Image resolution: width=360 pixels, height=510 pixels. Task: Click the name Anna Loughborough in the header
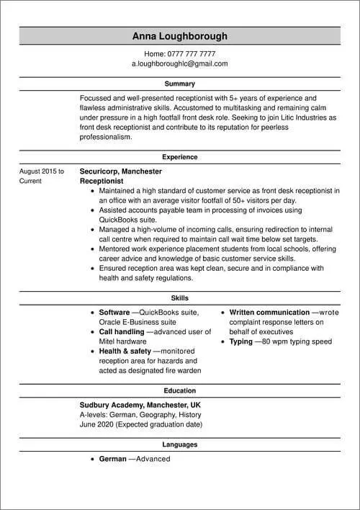(x=180, y=36)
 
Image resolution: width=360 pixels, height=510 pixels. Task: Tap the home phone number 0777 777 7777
(x=191, y=54)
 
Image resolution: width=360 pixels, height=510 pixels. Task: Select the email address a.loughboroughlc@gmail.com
(x=180, y=63)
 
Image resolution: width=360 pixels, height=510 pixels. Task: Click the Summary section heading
(x=180, y=84)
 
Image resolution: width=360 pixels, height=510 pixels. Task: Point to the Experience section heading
(x=180, y=156)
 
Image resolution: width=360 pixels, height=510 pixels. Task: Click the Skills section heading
(x=180, y=297)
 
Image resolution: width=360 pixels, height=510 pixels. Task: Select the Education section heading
(x=180, y=390)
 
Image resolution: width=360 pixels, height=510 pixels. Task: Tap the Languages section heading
(x=180, y=445)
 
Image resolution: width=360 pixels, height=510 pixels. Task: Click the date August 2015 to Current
(x=41, y=176)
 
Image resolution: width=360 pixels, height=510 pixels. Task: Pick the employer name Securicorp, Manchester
(x=120, y=171)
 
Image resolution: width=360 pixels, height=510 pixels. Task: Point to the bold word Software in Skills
(x=114, y=313)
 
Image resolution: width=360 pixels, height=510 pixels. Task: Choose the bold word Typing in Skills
(x=240, y=341)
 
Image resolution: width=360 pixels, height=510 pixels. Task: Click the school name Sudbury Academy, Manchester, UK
(x=141, y=406)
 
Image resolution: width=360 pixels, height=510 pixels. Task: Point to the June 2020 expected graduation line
(x=141, y=425)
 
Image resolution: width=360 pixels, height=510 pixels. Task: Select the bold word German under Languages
(x=112, y=459)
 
